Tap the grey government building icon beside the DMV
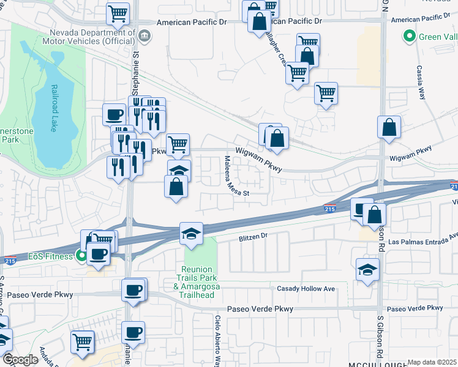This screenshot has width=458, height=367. click(x=144, y=35)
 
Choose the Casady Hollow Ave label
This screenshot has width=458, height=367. click(x=306, y=289)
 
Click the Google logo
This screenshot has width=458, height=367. click(x=21, y=360)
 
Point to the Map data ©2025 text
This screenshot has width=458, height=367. click(x=432, y=362)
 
